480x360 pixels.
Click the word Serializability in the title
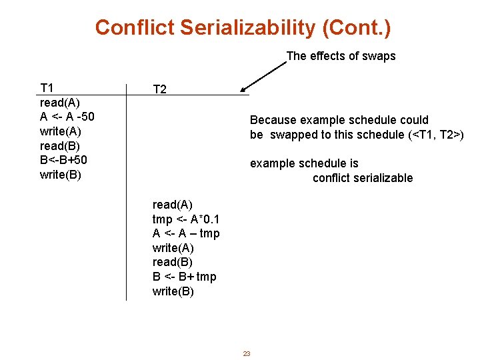(x=251, y=28)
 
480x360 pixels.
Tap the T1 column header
(x=47, y=88)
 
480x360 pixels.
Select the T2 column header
(x=160, y=89)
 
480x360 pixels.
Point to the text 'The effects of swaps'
(x=341, y=56)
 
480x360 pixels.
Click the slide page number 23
(x=246, y=353)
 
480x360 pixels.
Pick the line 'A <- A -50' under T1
(x=67, y=117)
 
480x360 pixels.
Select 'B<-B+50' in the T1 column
(x=63, y=160)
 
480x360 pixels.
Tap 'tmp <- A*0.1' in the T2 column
(x=187, y=219)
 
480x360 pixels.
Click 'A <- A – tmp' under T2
(x=186, y=233)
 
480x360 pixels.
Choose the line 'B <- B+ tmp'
(x=184, y=277)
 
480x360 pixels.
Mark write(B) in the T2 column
(x=173, y=291)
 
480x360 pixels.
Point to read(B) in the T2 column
(x=173, y=262)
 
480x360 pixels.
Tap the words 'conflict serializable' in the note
(x=363, y=178)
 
